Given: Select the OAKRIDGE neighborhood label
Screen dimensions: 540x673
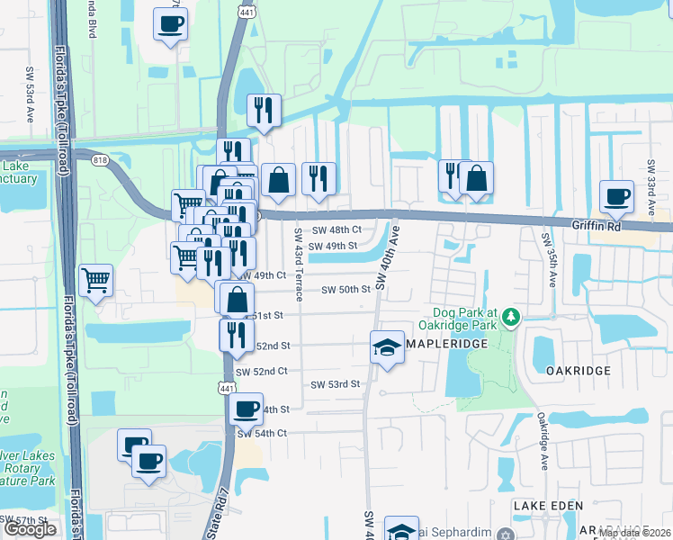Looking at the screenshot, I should [578, 370].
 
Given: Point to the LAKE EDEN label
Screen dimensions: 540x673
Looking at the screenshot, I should [548, 507].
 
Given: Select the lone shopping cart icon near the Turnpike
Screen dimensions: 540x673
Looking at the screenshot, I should [95, 280].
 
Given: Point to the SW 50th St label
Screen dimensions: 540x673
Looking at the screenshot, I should [347, 290].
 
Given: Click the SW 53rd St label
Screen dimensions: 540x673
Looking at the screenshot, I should [335, 384].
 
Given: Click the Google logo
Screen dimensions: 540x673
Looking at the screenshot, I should [30, 529].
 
